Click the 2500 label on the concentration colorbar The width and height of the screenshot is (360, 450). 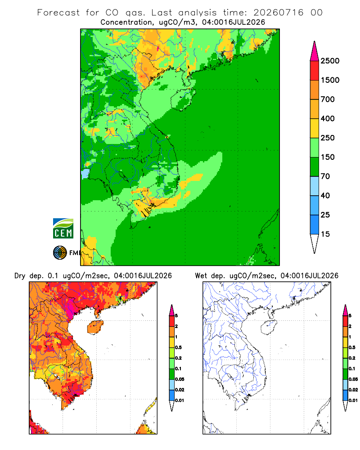[x=330, y=61]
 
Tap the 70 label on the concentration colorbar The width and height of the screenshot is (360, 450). [x=325, y=176]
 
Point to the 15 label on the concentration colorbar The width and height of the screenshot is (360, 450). [x=325, y=234]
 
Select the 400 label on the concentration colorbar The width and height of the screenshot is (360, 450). [x=328, y=118]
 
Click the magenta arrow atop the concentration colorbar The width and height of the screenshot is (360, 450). [x=315, y=52]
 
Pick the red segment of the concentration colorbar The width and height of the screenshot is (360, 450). [x=315, y=71]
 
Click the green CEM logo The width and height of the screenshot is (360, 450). [x=63, y=229]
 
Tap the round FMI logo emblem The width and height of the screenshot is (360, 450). [x=60, y=253]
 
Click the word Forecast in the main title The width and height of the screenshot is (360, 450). [x=58, y=13]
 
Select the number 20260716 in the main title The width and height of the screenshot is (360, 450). [x=278, y=13]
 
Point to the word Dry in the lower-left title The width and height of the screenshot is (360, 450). [x=20, y=276]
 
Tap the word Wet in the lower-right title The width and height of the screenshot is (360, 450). [x=201, y=276]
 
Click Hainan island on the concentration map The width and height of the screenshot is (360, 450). [x=183, y=99]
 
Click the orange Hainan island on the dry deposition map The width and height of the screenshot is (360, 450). [x=95, y=327]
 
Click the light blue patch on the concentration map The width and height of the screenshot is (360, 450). [x=85, y=174]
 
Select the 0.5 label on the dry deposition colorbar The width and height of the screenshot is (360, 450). [x=178, y=347]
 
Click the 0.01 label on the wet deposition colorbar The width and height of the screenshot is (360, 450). [x=353, y=400]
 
